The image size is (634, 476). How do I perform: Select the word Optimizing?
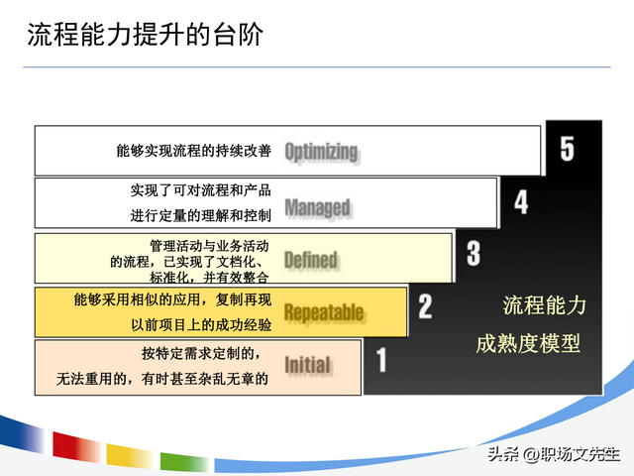pyautogui.click(x=321, y=151)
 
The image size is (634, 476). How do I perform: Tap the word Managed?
pyautogui.click(x=317, y=206)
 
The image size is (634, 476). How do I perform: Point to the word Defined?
pyautogui.click(x=311, y=260)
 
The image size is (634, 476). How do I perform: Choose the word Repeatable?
pyautogui.click(x=324, y=313)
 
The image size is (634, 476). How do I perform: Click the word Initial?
pyautogui.click(x=307, y=365)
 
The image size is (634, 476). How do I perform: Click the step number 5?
pyautogui.click(x=566, y=149)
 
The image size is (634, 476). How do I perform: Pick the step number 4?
pyautogui.click(x=521, y=202)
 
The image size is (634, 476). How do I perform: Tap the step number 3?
pyautogui.click(x=474, y=254)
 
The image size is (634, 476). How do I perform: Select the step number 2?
pyautogui.click(x=426, y=305)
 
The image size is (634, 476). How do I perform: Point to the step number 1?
pyautogui.click(x=381, y=358)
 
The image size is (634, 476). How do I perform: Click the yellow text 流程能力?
pyautogui.click(x=544, y=305)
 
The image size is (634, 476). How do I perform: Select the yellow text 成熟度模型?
pyautogui.click(x=528, y=343)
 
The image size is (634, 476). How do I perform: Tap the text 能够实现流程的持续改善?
pyautogui.click(x=193, y=152)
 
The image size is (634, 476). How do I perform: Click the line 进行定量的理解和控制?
pyautogui.click(x=200, y=214)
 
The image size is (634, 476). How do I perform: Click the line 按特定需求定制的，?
pyautogui.click(x=201, y=353)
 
